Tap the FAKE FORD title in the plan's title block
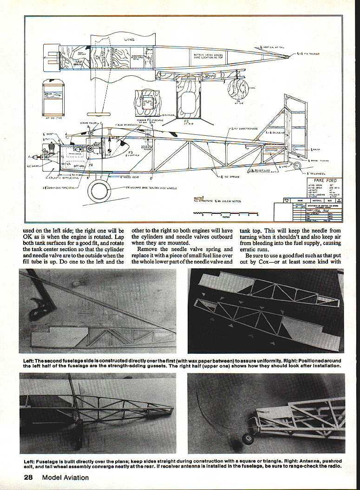(325, 180)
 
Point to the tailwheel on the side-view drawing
(298, 165)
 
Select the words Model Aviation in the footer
(65, 477)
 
